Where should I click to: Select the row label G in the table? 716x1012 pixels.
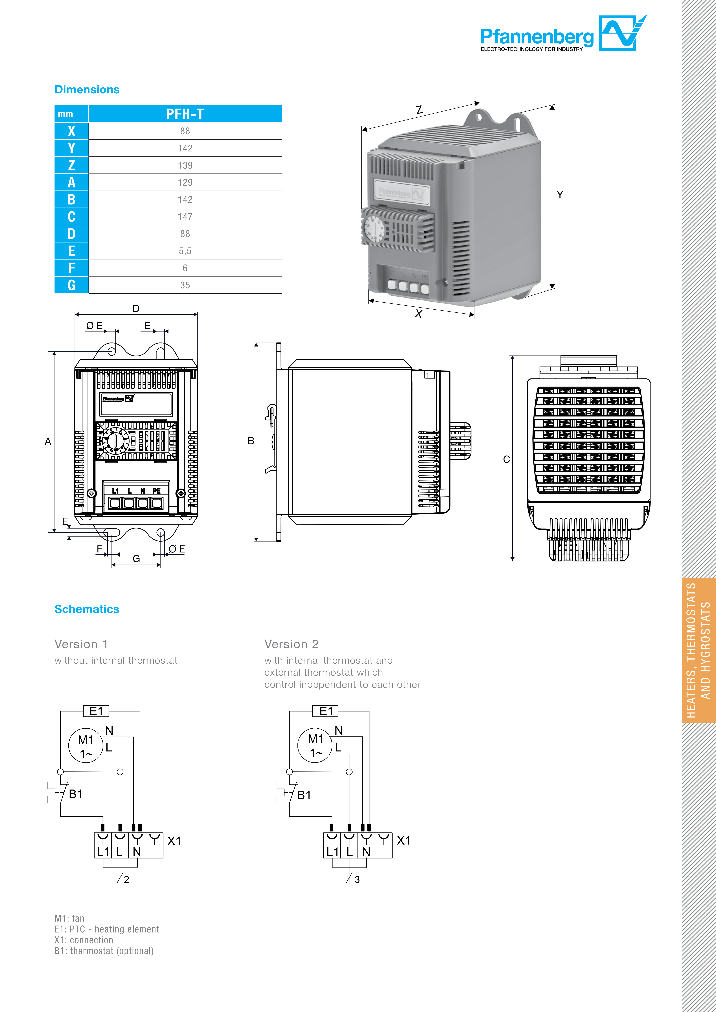(71, 285)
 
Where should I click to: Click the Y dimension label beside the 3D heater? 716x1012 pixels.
(559, 194)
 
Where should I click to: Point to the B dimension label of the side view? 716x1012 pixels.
(251, 441)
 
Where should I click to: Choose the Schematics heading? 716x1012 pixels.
(87, 609)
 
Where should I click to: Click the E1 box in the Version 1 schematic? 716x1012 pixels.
(96, 711)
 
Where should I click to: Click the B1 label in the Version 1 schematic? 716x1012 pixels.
(75, 794)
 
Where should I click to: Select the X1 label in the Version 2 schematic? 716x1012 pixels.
(403, 840)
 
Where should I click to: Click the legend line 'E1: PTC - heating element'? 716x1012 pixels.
(107, 929)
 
